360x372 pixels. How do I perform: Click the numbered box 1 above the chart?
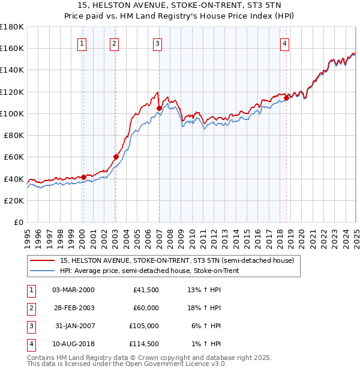[x=81, y=43]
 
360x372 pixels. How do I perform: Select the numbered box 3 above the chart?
[x=157, y=43]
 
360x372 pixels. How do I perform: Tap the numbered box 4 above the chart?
[x=284, y=43]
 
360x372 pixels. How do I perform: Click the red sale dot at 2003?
[x=116, y=157]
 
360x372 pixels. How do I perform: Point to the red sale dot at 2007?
[x=159, y=109]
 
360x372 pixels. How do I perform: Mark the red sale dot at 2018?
[x=287, y=97]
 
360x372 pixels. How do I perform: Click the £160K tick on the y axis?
[x=13, y=49]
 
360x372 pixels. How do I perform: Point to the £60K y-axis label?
[x=14, y=157]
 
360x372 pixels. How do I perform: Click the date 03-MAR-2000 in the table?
[x=73, y=290]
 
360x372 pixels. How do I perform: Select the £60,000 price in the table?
[x=146, y=308]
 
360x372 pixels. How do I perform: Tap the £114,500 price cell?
[x=145, y=344]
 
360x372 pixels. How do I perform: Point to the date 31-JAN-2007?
[x=73, y=326]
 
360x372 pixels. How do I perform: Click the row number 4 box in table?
[x=29, y=344]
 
